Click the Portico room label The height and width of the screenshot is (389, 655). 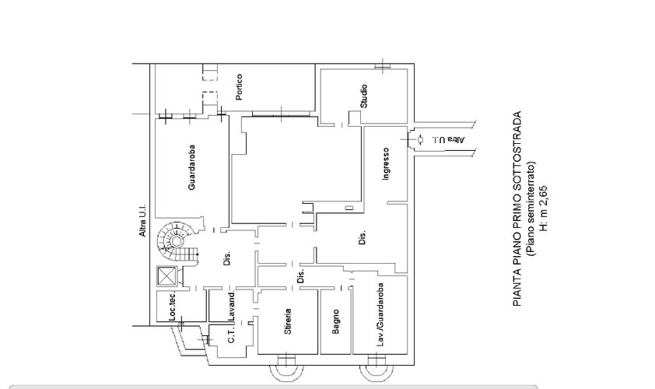coord(239,87)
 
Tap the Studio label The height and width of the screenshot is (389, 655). coord(364,96)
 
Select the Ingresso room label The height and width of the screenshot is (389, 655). coord(386,164)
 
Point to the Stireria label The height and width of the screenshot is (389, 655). coord(287,322)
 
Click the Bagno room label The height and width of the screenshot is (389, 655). coord(335,321)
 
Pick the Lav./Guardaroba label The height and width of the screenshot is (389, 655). coord(380,314)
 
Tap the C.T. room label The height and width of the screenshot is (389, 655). coord(233,335)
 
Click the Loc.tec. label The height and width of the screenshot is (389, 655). coord(173,307)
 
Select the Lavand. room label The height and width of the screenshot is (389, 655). coord(232,306)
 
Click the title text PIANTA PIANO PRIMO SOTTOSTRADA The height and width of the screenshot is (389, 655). coord(517,209)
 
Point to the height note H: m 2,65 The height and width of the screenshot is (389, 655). coord(544,208)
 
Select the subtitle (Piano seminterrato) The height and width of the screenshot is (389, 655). coord(531,209)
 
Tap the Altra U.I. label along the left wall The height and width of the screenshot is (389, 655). coord(142,221)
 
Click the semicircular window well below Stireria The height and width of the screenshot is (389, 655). coord(286,371)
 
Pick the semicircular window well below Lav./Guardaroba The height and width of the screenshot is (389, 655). coord(377,371)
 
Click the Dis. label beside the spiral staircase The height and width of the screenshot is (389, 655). coord(227,258)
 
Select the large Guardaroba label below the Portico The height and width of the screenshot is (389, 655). coord(191,167)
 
